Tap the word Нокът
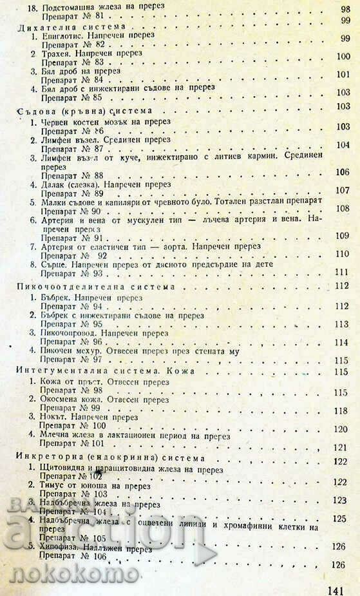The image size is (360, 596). tap(53, 417)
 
